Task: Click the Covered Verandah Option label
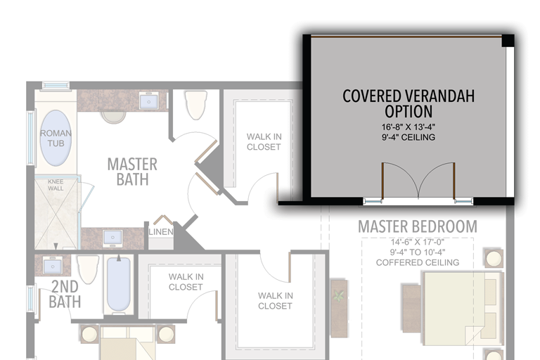pyautogui.click(x=409, y=103)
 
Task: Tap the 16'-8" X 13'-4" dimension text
pyautogui.click(x=408, y=127)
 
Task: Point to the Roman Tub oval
pyautogui.click(x=56, y=138)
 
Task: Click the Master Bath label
pyautogui.click(x=132, y=172)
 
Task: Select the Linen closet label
pyautogui.click(x=161, y=232)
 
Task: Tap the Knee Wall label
pyautogui.click(x=56, y=185)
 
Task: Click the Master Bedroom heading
pyautogui.click(x=418, y=226)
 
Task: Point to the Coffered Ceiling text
pyautogui.click(x=418, y=262)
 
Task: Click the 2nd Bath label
pyautogui.click(x=65, y=294)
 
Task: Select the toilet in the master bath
pyautogui.click(x=196, y=104)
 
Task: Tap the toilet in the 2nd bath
pyautogui.click(x=87, y=269)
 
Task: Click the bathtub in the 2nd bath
pyautogui.click(x=118, y=285)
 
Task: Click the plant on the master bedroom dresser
pyautogui.click(x=339, y=295)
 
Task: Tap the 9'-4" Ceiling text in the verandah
pyautogui.click(x=408, y=137)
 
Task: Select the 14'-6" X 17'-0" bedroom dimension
pyautogui.click(x=418, y=242)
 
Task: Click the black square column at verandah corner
pyautogui.click(x=508, y=41)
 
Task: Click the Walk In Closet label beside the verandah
pyautogui.click(x=264, y=141)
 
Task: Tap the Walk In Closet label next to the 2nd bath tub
pyautogui.click(x=186, y=282)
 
